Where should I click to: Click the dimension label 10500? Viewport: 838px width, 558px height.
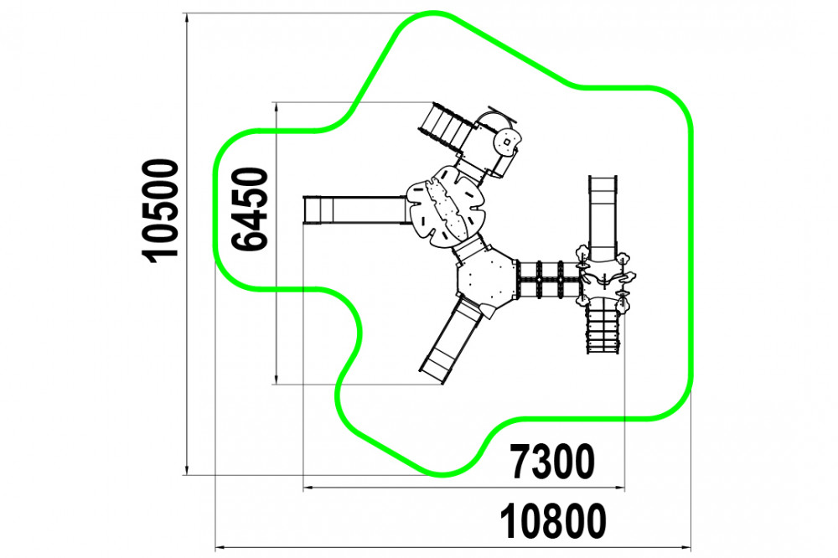pos(160,210)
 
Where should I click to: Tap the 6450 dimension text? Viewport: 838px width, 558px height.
pos(249,209)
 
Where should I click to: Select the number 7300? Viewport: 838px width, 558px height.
pos(552,462)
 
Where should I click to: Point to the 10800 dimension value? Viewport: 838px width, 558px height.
pos(553,522)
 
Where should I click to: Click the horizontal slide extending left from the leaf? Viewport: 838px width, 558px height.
pos(355,209)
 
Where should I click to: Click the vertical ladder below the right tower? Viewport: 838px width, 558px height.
pos(603,328)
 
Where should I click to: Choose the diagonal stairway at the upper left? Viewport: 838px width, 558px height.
pos(447,127)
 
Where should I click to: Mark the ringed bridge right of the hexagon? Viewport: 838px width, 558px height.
pos(549,280)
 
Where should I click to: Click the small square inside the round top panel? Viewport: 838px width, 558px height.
pos(505,142)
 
